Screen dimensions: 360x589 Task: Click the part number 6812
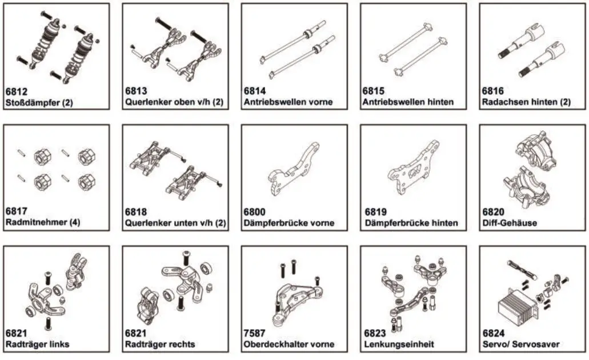[16, 91]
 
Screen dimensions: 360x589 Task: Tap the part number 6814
[255, 91]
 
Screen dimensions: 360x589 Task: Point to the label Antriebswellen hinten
[408, 102]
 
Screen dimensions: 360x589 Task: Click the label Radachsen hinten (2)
[526, 102]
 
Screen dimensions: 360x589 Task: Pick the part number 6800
[255, 212]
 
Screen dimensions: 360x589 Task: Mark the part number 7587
[255, 333]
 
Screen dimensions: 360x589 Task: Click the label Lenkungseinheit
[399, 344]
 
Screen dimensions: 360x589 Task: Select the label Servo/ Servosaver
[520, 344]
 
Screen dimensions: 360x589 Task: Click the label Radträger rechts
[160, 344]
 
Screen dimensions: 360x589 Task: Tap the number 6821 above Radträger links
[16, 333]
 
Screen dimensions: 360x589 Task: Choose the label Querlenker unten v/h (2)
[174, 222]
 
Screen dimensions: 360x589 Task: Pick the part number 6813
[136, 91]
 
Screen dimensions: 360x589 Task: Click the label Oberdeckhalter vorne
[289, 344]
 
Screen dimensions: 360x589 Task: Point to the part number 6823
[375, 333]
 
